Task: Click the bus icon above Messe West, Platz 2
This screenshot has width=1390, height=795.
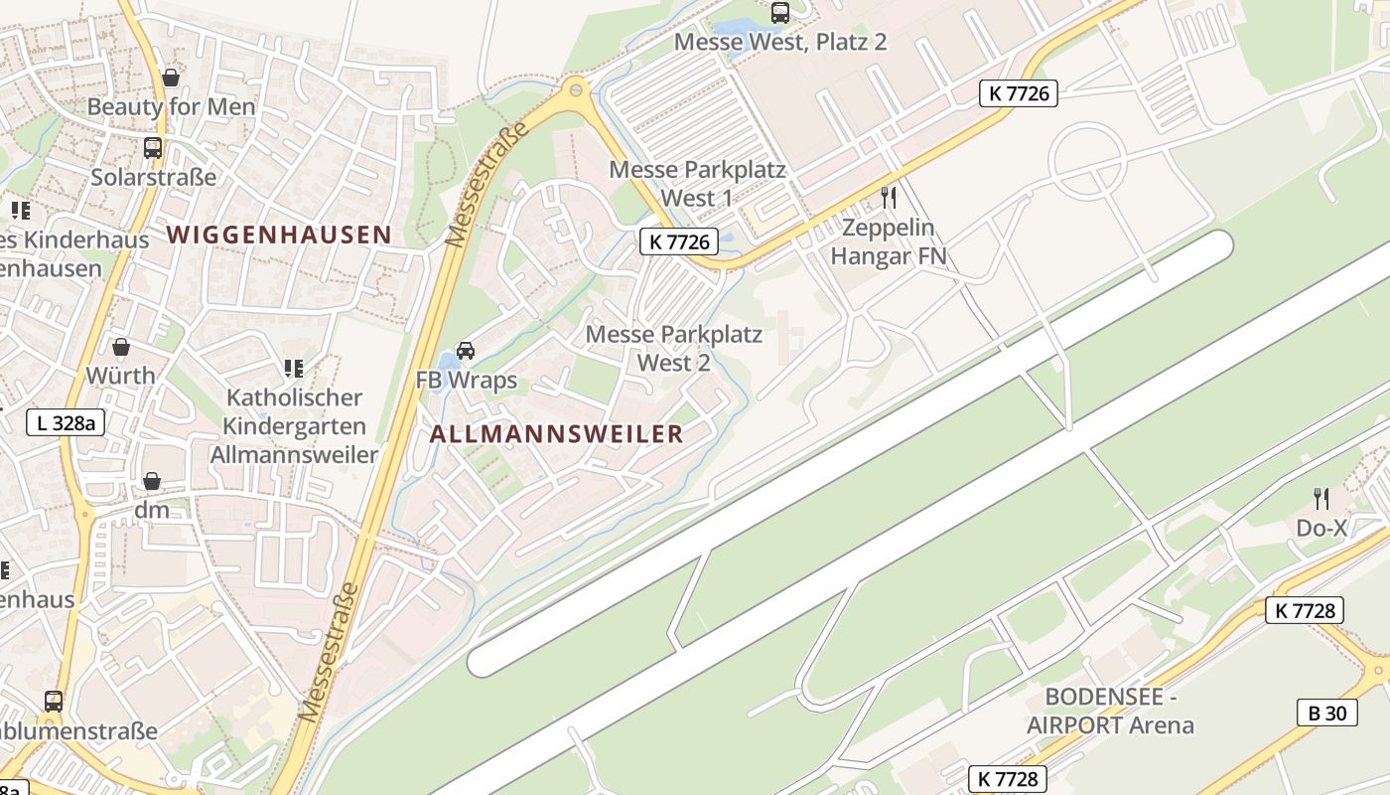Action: point(780,13)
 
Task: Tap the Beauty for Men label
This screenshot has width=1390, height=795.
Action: point(171,106)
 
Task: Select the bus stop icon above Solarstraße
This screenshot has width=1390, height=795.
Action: point(153,148)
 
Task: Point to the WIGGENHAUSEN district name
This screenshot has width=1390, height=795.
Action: point(279,235)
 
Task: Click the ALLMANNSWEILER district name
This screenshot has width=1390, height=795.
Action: point(556,433)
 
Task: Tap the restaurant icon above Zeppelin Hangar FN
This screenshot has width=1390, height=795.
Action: point(889,197)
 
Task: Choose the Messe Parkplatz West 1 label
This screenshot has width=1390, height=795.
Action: point(697,184)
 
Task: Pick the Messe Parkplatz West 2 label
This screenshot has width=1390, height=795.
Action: point(673,348)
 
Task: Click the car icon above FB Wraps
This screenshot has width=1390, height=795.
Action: point(466,350)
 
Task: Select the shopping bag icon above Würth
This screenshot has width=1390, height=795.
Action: point(121,347)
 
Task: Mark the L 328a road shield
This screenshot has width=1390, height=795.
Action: point(66,422)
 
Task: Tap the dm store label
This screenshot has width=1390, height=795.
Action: point(152,510)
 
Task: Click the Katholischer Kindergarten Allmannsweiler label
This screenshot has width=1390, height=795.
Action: point(294,426)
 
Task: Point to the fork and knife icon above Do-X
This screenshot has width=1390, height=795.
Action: point(1320,498)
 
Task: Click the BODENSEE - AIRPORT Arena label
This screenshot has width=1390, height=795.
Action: point(1110,711)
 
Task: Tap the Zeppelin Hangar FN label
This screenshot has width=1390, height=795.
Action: point(888,241)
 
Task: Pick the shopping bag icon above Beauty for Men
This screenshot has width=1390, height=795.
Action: point(171,77)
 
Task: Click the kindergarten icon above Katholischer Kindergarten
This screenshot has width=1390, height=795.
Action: point(293,369)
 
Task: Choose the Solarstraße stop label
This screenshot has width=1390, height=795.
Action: point(153,177)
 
